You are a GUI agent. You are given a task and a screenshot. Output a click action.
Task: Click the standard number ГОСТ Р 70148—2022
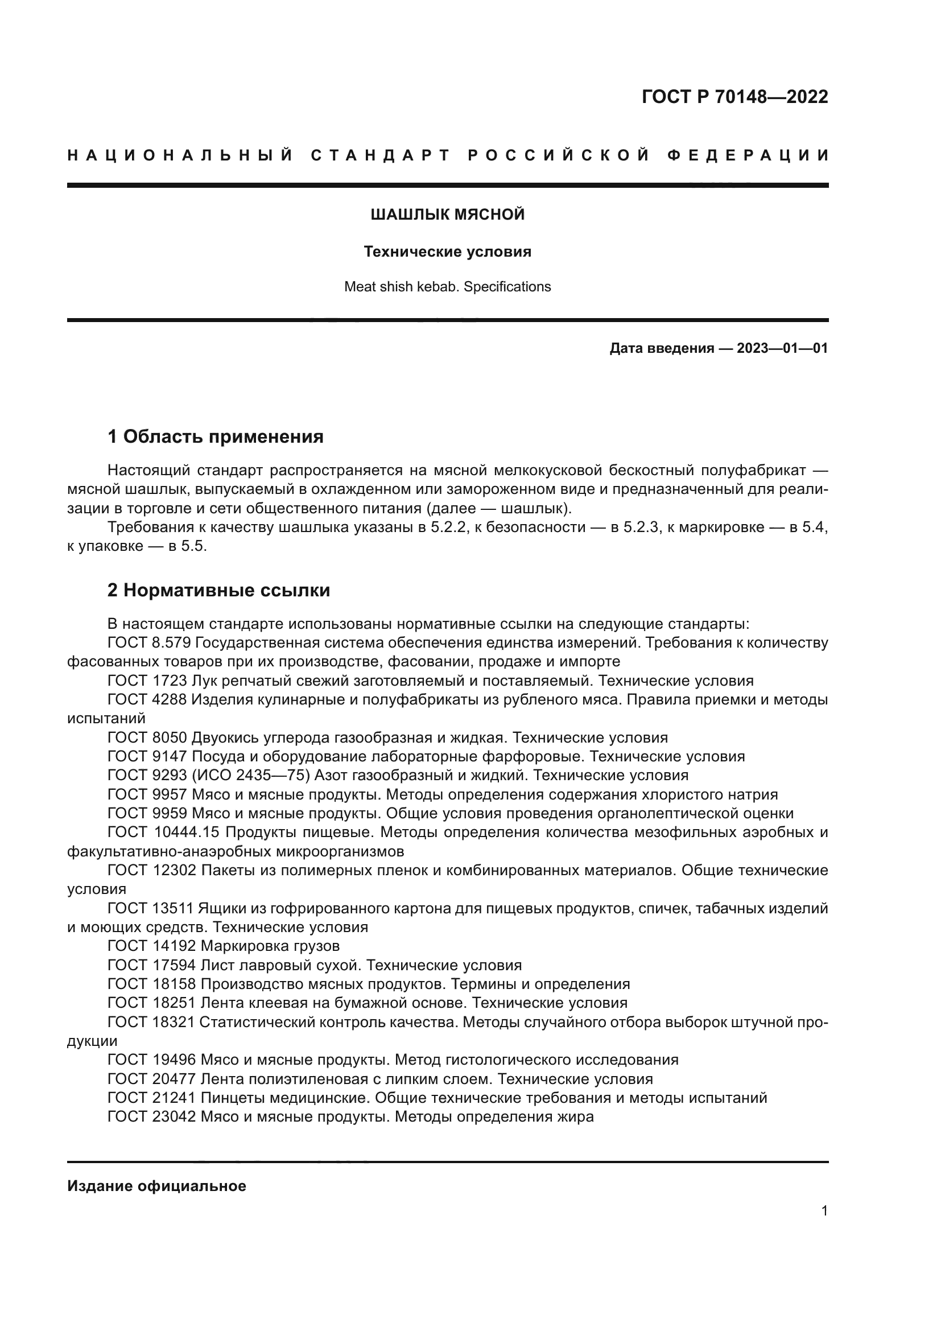coord(734,97)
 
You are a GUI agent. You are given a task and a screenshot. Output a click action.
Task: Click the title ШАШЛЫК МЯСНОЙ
coord(447,215)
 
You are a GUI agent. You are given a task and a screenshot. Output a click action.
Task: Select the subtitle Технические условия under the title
coord(447,252)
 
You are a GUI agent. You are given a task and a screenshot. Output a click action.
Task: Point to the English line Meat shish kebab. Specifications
coord(447,287)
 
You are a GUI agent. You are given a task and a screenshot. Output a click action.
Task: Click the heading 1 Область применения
coord(216,436)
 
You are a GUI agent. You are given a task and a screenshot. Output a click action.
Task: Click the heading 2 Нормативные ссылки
coord(219,590)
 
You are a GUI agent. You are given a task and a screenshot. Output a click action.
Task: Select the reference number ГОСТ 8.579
coord(147,643)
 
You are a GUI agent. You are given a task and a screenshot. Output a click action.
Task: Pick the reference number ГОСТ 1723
coord(147,681)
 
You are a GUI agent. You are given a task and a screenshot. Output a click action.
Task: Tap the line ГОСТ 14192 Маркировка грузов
coord(224,946)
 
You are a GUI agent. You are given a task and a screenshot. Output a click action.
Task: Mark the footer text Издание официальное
coord(156,1186)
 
